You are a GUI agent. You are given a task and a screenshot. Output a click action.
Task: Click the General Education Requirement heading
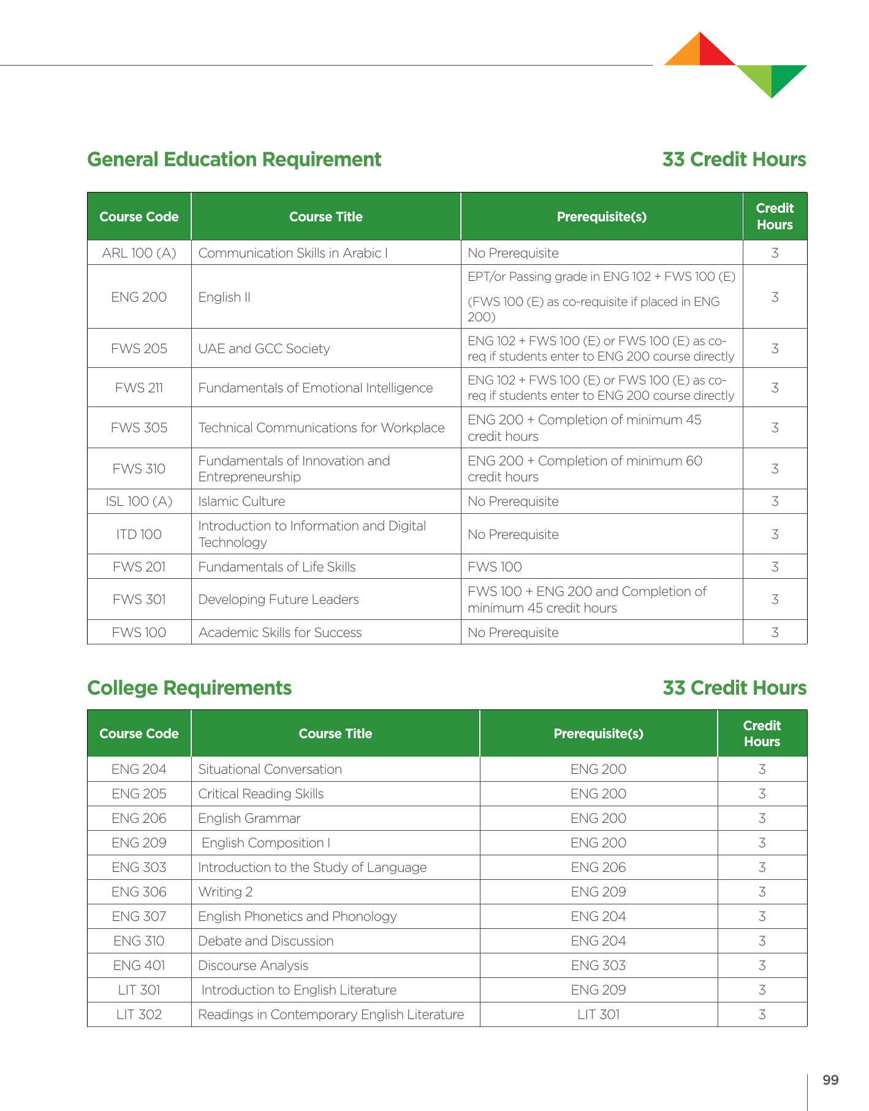[234, 159]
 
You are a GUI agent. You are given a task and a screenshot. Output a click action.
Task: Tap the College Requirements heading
[189, 688]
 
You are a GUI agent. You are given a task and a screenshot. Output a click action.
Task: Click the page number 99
[830, 1080]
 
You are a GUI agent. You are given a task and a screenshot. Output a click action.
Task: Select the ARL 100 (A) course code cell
[139, 253]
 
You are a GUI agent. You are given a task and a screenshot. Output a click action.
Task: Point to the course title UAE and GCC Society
[264, 349]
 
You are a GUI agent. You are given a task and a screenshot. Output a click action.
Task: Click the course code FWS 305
[139, 428]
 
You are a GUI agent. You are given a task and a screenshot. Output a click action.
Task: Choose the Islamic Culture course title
[241, 502]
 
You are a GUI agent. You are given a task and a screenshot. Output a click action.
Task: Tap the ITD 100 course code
[139, 535]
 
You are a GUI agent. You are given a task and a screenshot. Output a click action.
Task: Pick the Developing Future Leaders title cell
[278, 600]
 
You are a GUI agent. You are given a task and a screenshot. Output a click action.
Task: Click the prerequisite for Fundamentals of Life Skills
[495, 567]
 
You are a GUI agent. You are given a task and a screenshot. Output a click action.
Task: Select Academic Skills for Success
[280, 633]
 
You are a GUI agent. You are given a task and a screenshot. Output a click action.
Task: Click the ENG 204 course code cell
[139, 769]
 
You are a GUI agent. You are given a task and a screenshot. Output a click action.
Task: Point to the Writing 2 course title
[226, 892]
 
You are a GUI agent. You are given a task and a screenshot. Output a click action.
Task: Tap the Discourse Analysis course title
[253, 966]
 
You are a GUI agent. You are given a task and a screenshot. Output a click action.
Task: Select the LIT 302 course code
[139, 1015]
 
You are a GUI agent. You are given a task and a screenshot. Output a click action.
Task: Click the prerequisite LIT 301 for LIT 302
[599, 1015]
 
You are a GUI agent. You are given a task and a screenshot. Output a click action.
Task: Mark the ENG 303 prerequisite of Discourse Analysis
[599, 966]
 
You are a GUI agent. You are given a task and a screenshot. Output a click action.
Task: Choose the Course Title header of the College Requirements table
[335, 734]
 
